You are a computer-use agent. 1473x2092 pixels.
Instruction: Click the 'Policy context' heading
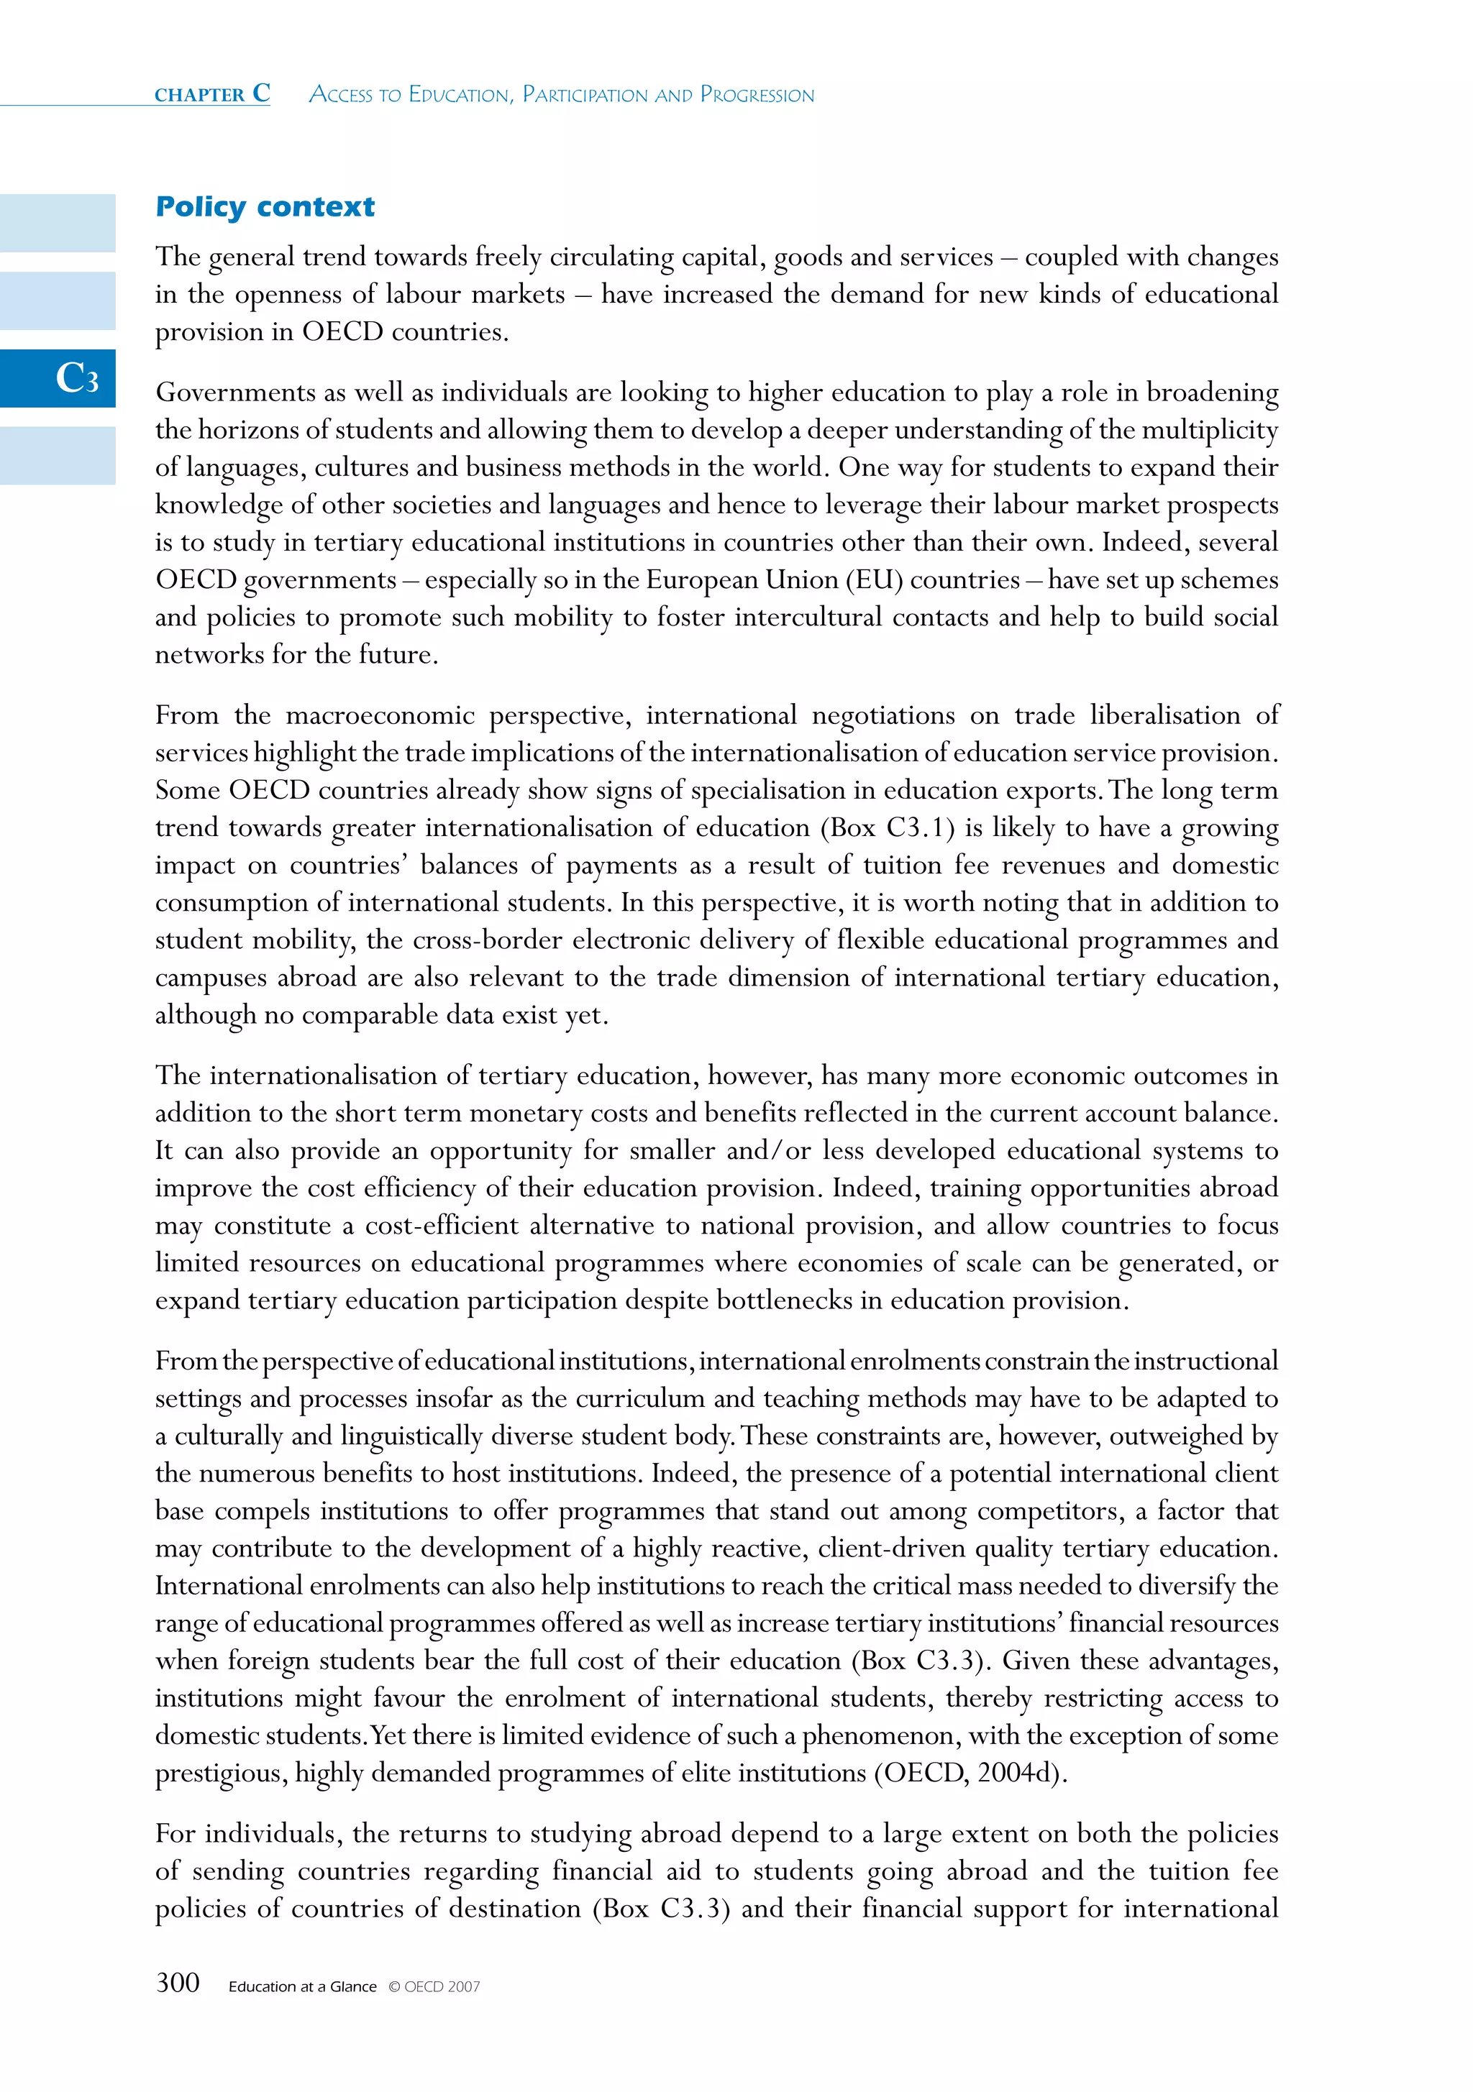(265, 207)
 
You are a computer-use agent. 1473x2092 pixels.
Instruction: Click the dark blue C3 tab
(58, 378)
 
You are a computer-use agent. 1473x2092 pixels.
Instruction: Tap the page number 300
(178, 1983)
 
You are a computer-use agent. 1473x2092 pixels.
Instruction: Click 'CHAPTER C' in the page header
(212, 94)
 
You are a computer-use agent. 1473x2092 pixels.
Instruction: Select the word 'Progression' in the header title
(757, 95)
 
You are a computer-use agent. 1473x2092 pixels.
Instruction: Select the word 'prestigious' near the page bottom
(216, 1773)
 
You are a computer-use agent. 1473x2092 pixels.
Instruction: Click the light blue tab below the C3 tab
(58, 456)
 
